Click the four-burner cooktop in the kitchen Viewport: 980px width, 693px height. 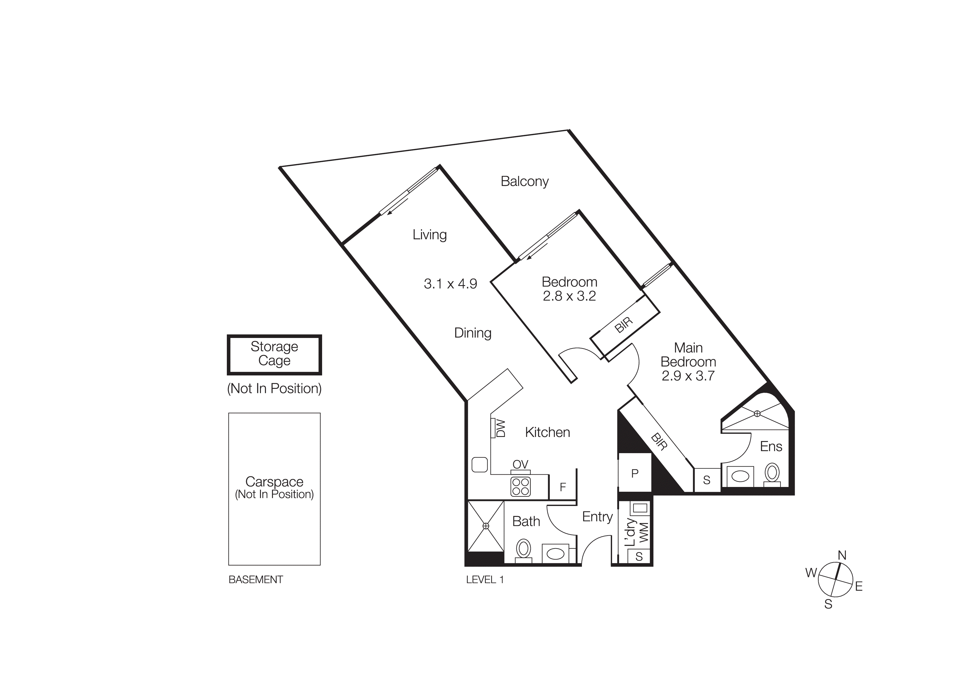coord(520,487)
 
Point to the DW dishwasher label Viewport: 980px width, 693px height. coord(501,428)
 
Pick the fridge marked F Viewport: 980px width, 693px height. coord(563,487)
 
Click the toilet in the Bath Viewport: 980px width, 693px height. coord(523,550)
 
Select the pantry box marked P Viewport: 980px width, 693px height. coord(635,473)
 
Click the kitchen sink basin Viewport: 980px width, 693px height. coord(480,465)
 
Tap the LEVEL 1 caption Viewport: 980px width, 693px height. coord(485,580)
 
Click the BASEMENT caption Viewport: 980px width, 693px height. coord(256,580)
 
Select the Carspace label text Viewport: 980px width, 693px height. coord(274,482)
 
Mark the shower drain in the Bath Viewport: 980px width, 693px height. coord(486,526)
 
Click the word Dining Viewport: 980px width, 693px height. coord(472,333)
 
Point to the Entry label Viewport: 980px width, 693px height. coord(597,517)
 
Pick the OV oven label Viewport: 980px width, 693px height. coord(520,464)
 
